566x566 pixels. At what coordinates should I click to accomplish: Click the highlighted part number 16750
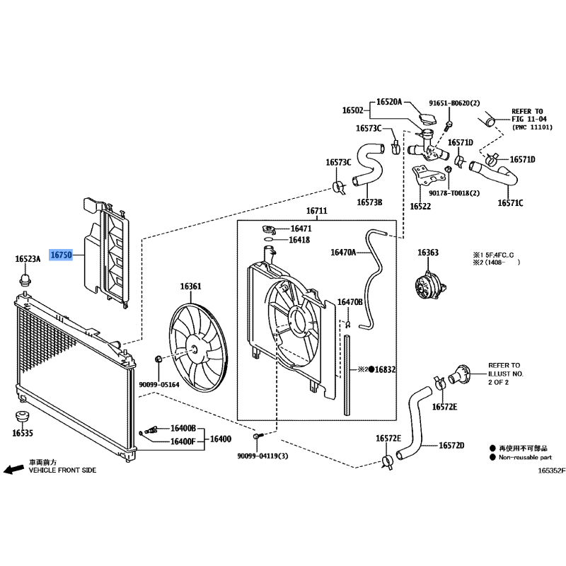60,253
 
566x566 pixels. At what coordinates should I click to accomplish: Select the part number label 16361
190,287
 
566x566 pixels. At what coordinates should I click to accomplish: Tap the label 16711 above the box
317,212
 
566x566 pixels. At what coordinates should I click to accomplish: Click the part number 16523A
28,260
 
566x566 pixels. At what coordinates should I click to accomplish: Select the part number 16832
386,369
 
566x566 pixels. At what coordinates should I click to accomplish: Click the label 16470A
344,252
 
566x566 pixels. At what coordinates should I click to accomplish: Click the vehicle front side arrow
12,469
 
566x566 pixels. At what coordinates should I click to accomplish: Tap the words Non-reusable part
524,457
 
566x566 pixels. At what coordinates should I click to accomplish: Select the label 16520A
388,102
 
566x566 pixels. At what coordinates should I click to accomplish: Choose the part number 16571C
509,203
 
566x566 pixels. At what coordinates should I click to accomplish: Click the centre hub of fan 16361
194,349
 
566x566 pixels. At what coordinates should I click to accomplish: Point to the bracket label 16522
420,206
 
